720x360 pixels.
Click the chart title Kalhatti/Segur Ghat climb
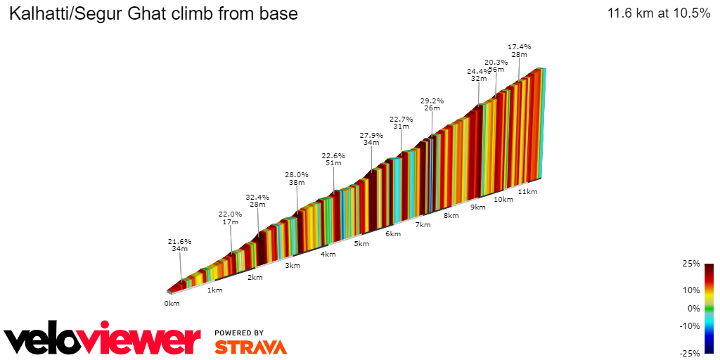coord(153,13)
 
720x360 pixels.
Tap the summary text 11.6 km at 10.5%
coord(659,13)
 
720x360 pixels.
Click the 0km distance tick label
coord(172,304)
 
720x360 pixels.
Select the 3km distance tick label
coord(292,265)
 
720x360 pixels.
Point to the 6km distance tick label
coord(393,234)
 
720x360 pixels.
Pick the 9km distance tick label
coord(478,207)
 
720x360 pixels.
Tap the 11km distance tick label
coord(527,191)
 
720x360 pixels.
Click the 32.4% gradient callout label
coord(257,197)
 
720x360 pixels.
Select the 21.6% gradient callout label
coord(179,241)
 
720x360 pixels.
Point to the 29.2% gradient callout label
coord(432,101)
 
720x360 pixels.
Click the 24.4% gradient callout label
coord(479,71)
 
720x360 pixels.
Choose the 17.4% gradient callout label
coord(519,46)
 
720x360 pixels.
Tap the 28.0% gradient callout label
coord(297,175)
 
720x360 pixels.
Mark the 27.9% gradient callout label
coord(371,135)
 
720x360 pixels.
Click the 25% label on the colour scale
coord(691,264)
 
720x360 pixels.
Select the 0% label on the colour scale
coord(694,308)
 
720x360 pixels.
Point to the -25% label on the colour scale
coord(690,353)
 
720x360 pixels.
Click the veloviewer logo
coord(103,340)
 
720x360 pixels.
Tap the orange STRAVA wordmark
coord(250,347)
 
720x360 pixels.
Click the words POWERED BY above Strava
coord(239,333)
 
